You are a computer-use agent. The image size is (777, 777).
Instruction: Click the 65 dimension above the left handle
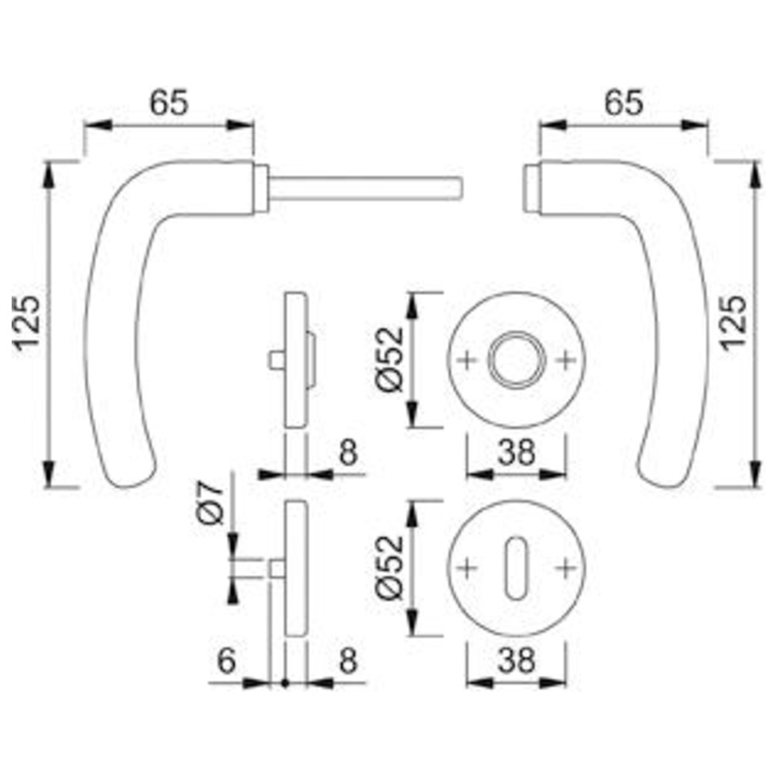(x=169, y=103)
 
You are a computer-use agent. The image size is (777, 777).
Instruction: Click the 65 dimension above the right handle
(x=623, y=103)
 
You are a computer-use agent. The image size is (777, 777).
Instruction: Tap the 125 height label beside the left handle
(x=27, y=323)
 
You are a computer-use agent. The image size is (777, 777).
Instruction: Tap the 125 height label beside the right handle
(x=734, y=323)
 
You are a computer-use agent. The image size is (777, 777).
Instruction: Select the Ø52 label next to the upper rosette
(x=390, y=360)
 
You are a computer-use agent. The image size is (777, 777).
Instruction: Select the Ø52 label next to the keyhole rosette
(x=390, y=568)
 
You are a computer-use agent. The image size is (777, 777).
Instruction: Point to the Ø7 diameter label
(x=210, y=503)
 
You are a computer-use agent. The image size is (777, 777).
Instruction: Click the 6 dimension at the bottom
(x=226, y=660)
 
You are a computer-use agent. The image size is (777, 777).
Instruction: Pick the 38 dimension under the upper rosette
(x=517, y=452)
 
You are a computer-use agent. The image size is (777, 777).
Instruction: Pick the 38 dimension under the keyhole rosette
(x=517, y=660)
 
